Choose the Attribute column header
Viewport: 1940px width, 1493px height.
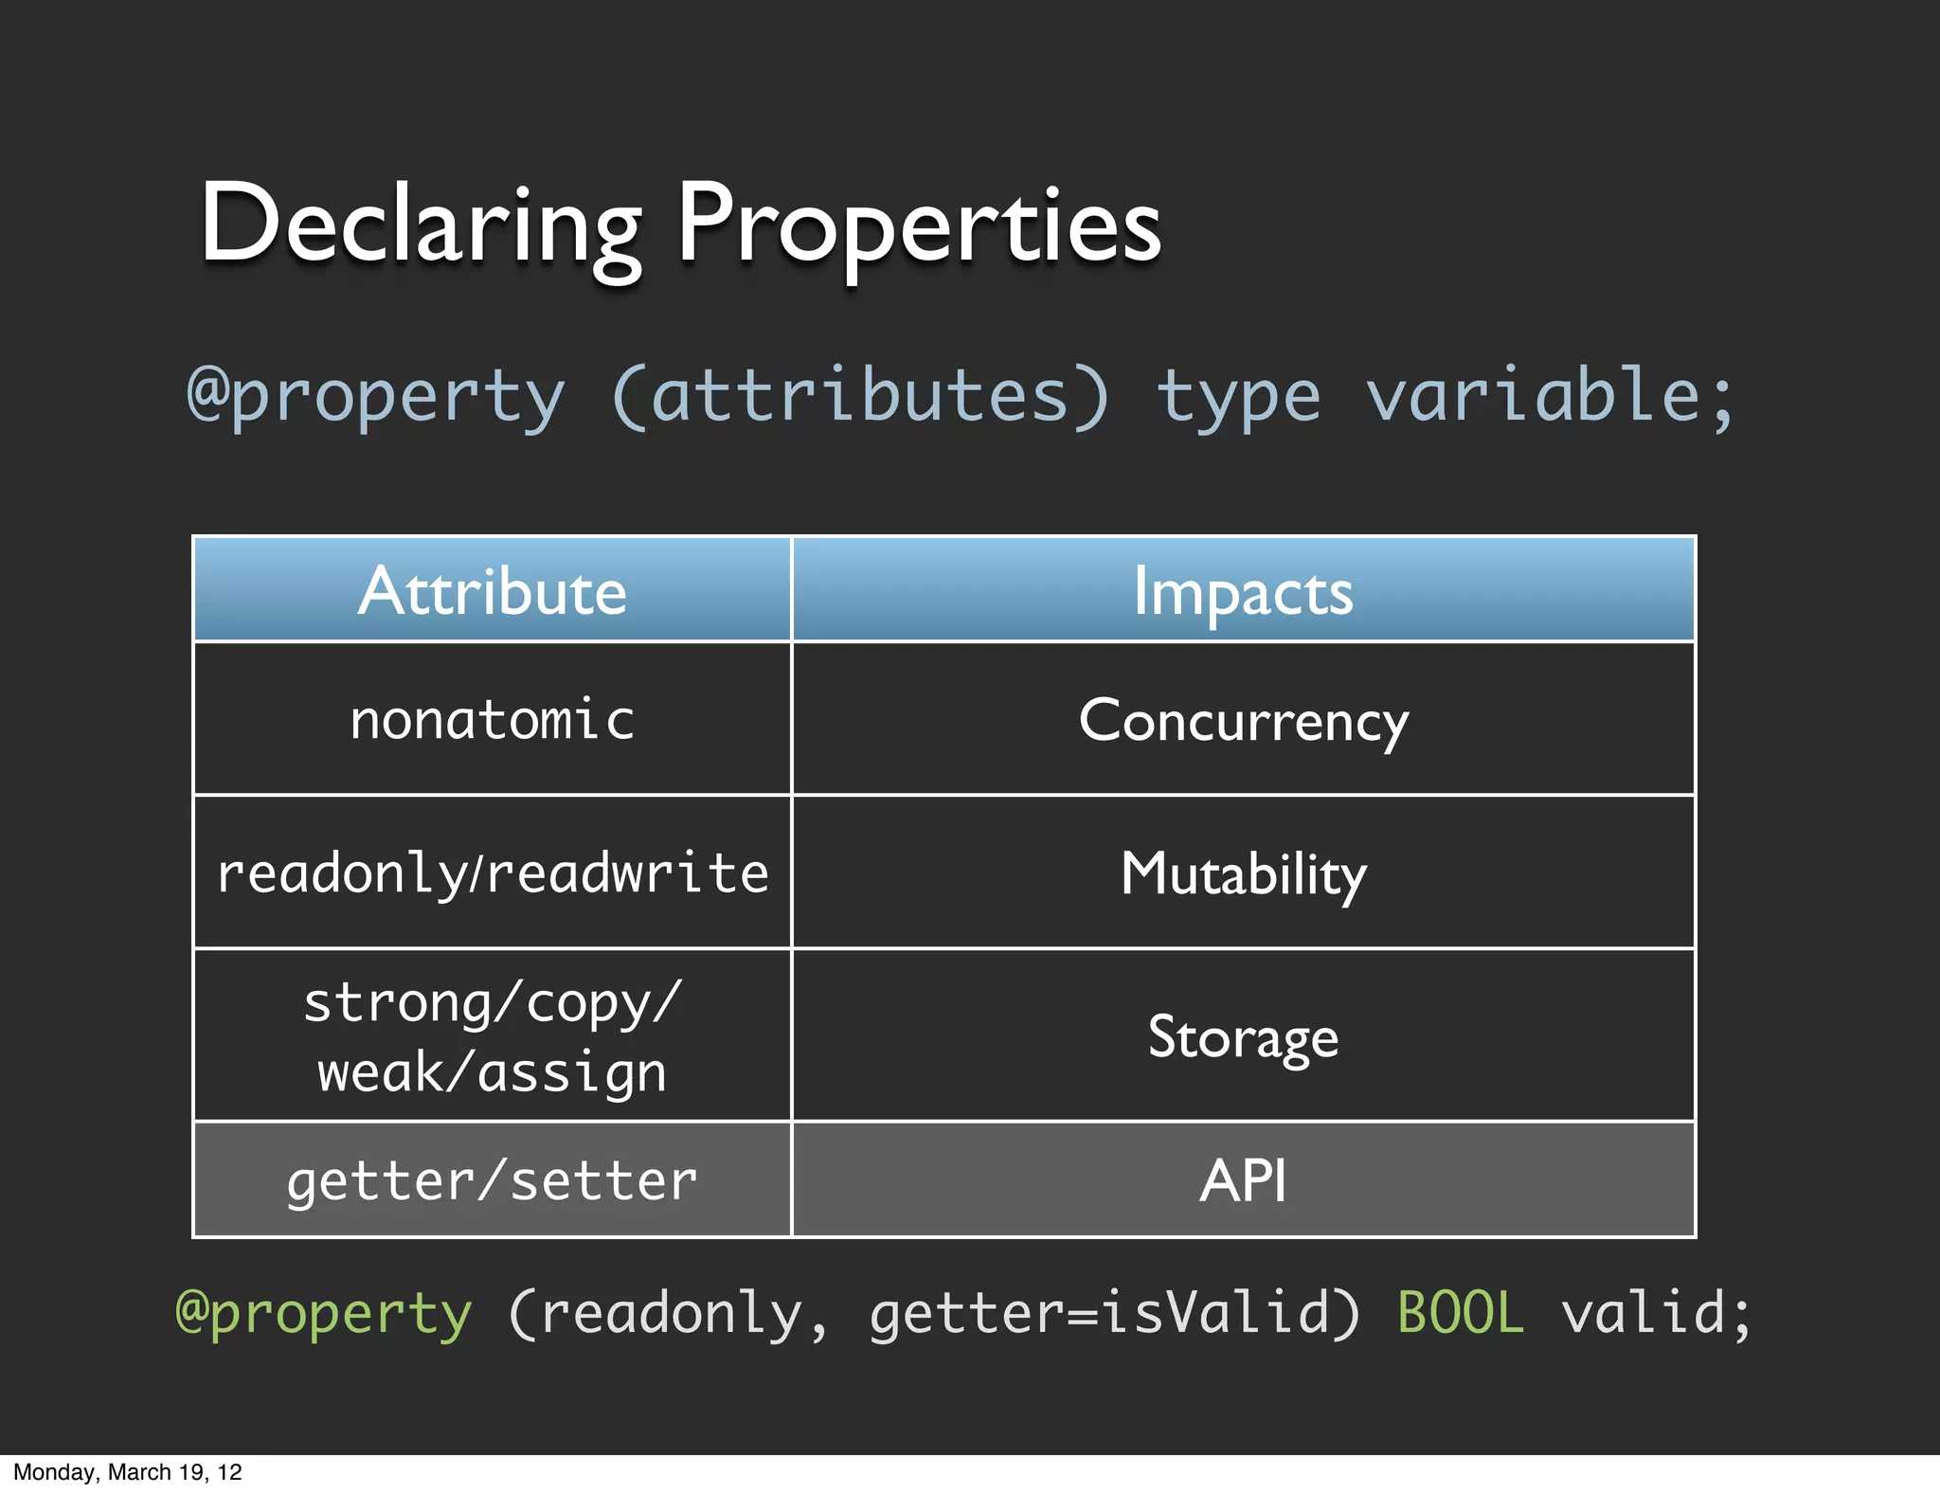[x=493, y=591]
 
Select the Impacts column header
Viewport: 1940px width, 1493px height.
[x=1243, y=591]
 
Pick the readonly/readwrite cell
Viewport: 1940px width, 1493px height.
[x=493, y=872]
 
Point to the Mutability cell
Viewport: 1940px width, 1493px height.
[x=1243, y=872]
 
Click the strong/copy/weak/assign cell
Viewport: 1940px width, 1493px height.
[x=493, y=1036]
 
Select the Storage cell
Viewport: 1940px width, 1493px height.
[x=1243, y=1036]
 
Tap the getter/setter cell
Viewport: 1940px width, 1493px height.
[x=493, y=1180]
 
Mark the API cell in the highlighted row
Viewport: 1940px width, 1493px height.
[x=1243, y=1180]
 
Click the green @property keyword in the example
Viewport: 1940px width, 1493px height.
[x=324, y=1313]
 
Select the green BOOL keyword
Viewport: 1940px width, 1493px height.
[x=1461, y=1313]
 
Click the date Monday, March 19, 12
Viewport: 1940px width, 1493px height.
[x=128, y=1472]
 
